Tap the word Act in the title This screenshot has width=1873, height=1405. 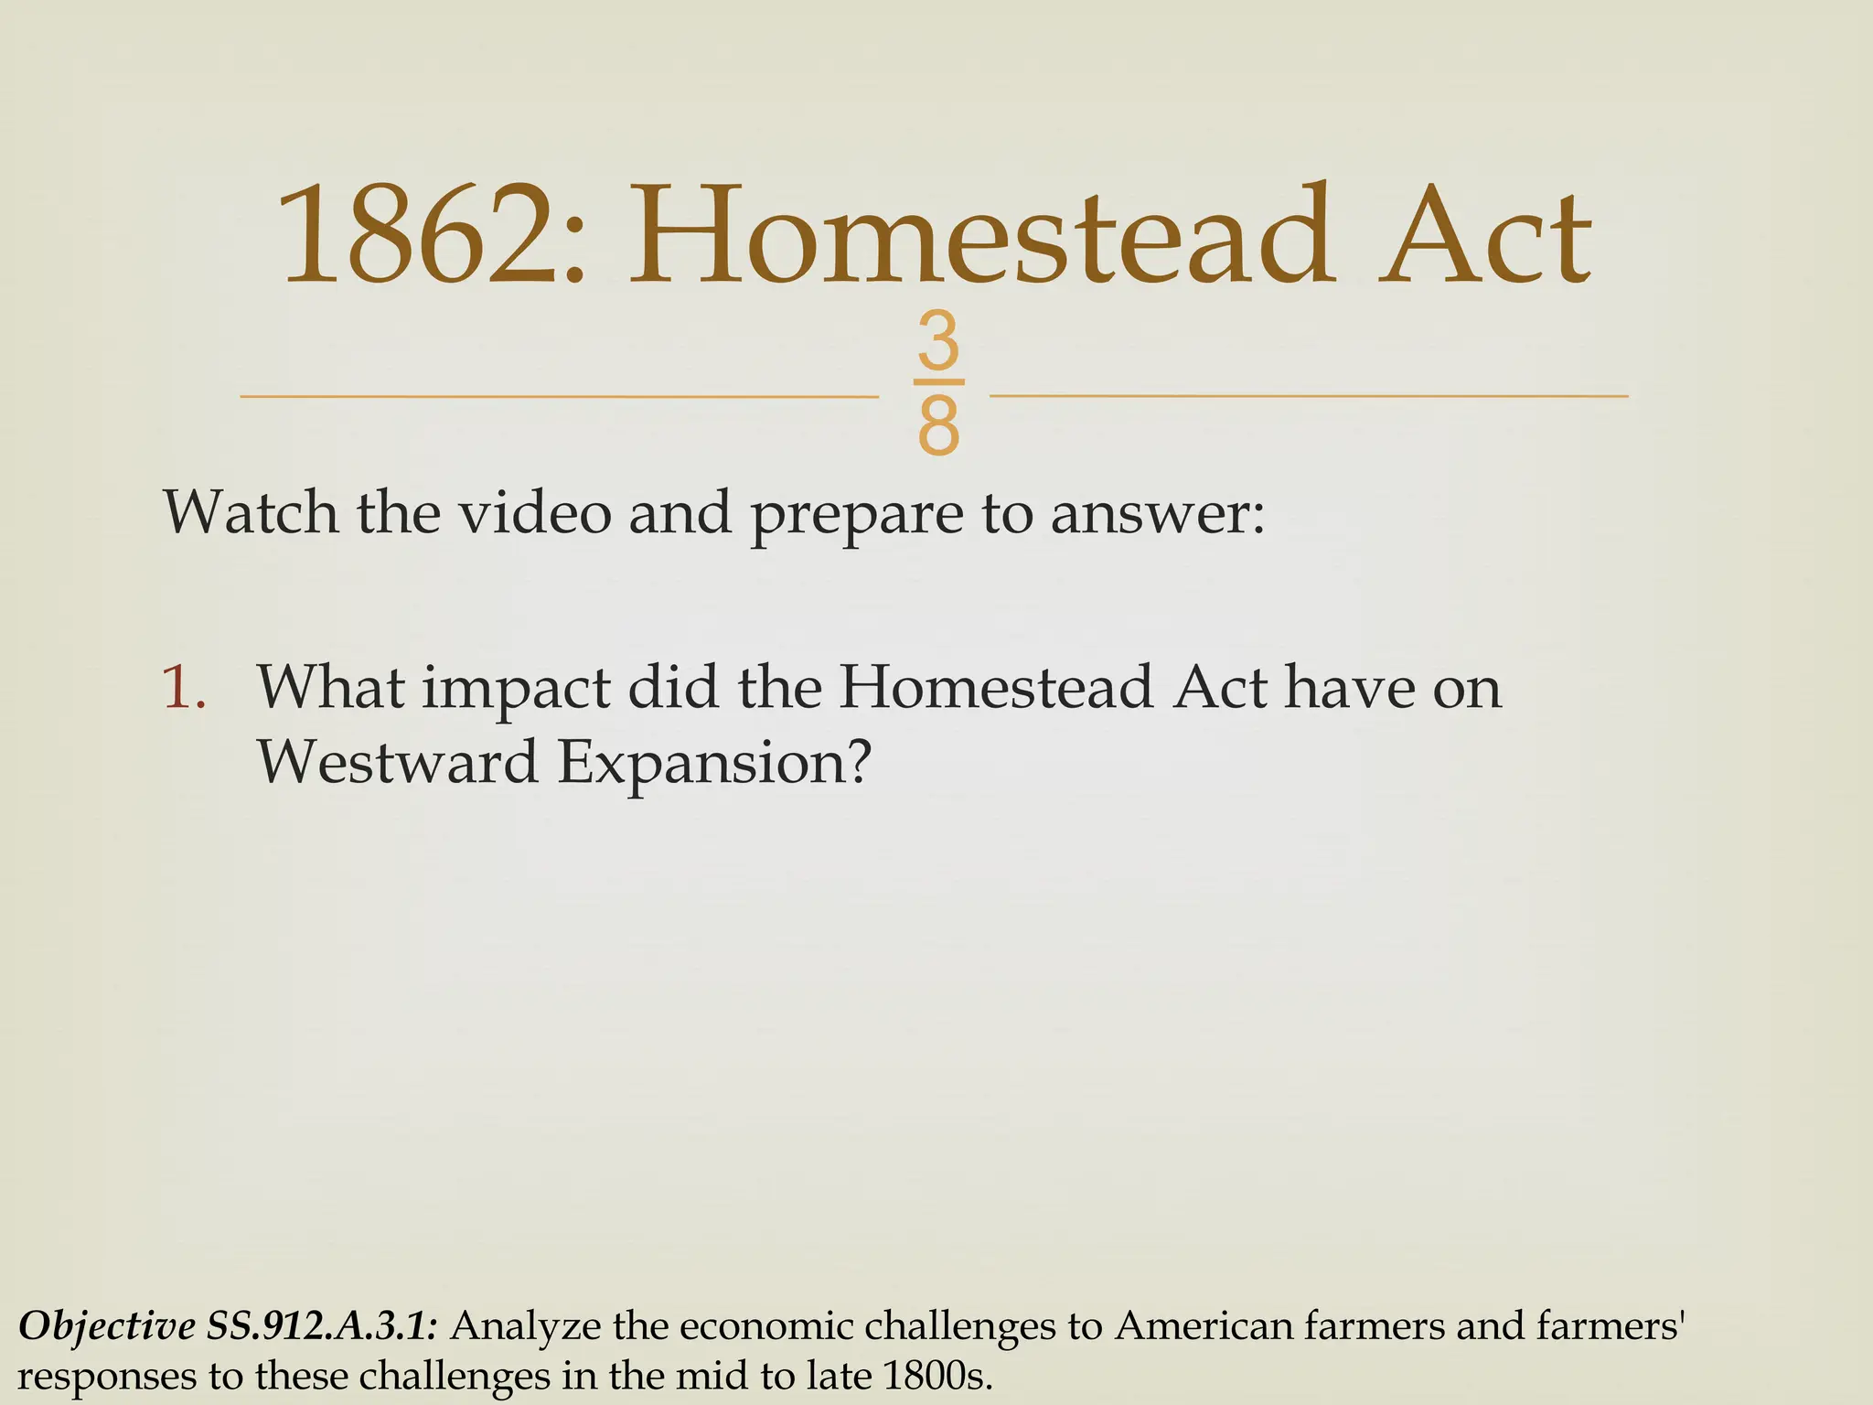[x=1484, y=236]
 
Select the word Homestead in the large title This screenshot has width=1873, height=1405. [x=979, y=236]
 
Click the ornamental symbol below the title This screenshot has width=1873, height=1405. [x=938, y=384]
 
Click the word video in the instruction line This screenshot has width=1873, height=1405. [x=534, y=512]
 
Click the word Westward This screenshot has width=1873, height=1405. [x=396, y=762]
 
